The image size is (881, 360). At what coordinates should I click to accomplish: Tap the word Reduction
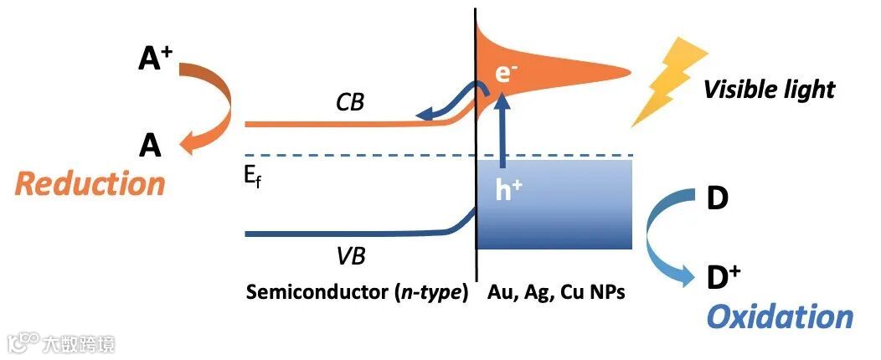90,183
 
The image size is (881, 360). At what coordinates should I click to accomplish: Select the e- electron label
504,72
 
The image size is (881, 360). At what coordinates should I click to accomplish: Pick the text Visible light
769,89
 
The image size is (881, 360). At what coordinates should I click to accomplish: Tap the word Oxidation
780,316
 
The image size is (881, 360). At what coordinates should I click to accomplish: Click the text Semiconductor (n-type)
356,294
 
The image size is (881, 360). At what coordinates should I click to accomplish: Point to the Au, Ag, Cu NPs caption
556,294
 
